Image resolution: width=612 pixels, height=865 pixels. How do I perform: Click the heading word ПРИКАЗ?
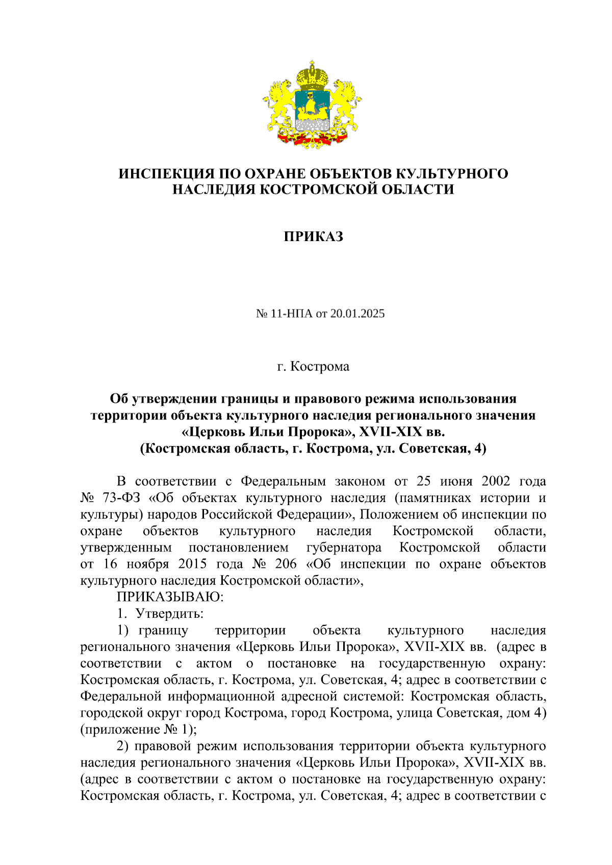tap(313, 237)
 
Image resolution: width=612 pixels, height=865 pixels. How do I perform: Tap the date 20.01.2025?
tap(357, 313)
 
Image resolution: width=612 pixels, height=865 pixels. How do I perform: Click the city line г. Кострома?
tap(313, 366)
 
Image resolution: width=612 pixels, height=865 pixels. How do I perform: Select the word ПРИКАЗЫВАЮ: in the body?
tap(170, 597)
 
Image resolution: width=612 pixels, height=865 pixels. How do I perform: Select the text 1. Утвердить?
tap(160, 613)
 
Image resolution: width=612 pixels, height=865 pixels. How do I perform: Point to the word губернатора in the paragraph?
tap(344, 547)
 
